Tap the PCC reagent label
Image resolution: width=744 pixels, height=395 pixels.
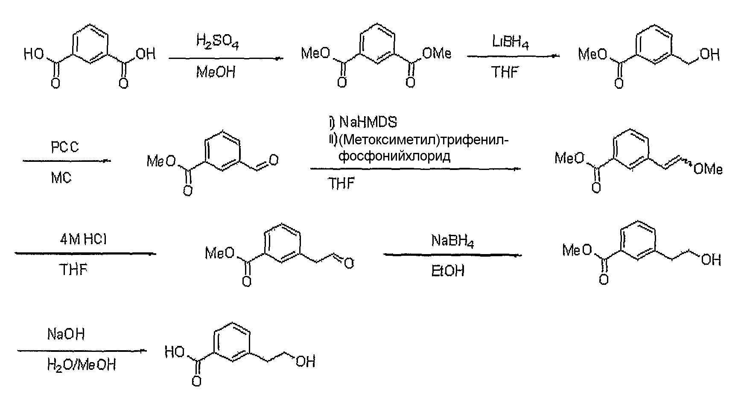(65, 148)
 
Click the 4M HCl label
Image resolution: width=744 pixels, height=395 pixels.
(83, 239)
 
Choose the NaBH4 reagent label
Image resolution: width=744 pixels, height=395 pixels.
(453, 241)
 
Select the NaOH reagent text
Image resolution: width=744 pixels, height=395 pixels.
(66, 334)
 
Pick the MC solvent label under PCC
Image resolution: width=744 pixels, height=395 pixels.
(61, 178)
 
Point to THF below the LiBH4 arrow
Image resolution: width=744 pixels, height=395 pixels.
(505, 72)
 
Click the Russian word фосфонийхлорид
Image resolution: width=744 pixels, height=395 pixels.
(394, 156)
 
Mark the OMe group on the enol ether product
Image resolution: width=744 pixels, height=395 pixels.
(708, 170)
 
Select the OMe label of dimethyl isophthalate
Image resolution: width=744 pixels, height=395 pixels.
(437, 54)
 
